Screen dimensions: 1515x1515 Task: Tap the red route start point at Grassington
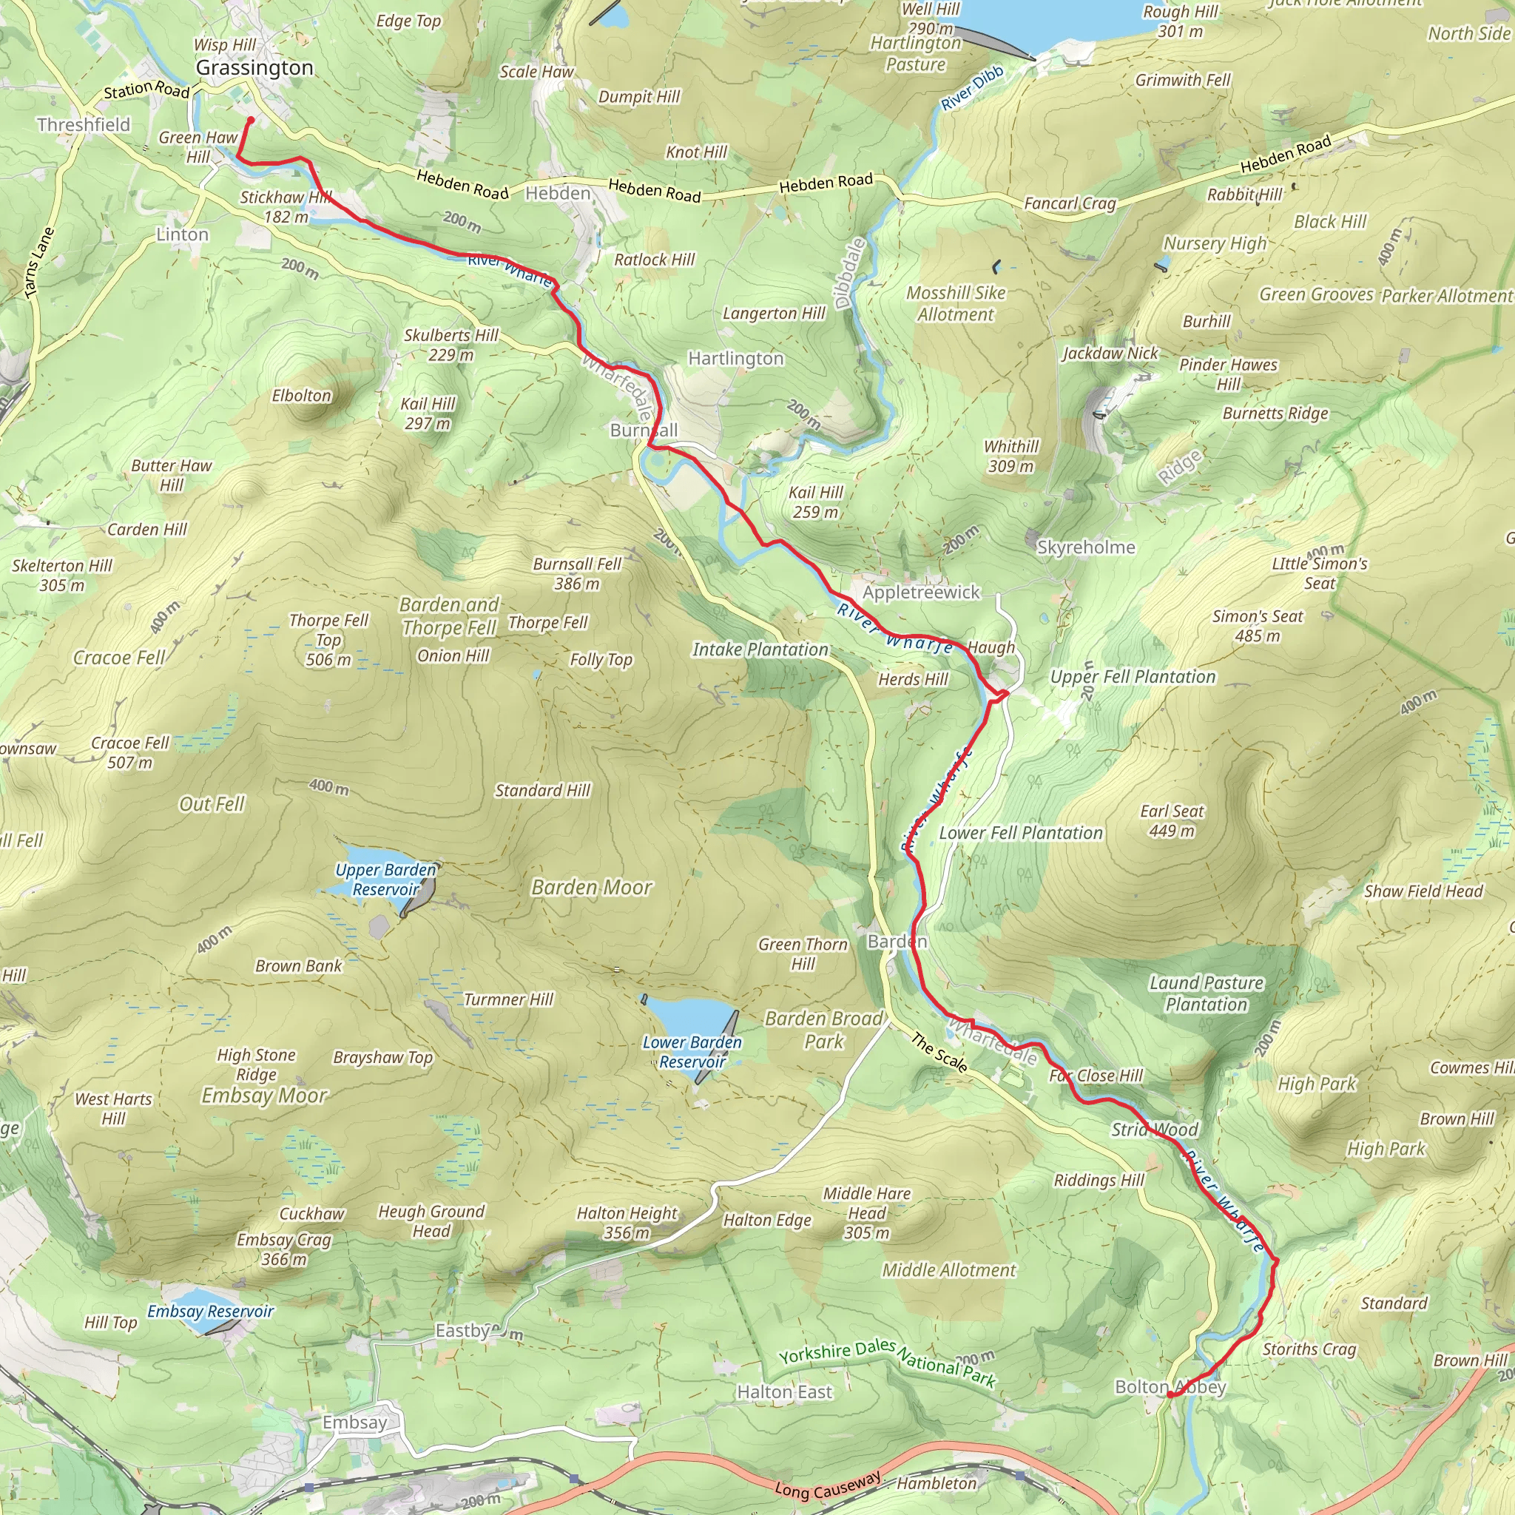(x=250, y=120)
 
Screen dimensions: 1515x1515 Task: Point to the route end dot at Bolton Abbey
(x=1170, y=1394)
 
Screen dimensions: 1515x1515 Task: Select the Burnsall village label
(x=643, y=431)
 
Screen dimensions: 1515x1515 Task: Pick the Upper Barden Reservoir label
(x=385, y=879)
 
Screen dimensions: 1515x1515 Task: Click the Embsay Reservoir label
(x=210, y=1311)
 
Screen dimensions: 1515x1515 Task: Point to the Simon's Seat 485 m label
(x=1257, y=626)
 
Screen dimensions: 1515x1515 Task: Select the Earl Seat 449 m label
(x=1172, y=820)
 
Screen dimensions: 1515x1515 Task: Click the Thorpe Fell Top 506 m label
(x=328, y=640)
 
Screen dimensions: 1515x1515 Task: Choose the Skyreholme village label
(x=1085, y=547)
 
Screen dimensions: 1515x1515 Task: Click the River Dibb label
(x=971, y=89)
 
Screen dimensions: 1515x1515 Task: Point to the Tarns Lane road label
(x=38, y=263)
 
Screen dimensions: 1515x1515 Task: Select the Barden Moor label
(x=591, y=887)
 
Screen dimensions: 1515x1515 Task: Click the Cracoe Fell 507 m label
(x=129, y=752)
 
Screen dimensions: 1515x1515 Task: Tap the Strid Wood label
(x=1154, y=1129)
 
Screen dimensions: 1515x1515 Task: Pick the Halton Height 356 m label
(x=627, y=1223)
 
